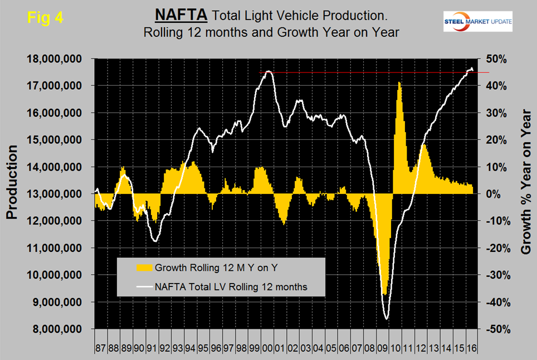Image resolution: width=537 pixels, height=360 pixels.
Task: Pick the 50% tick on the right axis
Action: pyautogui.click(x=496, y=59)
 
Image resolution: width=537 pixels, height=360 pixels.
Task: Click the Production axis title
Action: pyautogui.click(x=13, y=182)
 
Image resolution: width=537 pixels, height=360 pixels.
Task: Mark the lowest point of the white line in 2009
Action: pyautogui.click(x=386, y=319)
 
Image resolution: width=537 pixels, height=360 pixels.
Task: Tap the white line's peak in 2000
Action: pyautogui.click(x=268, y=71)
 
